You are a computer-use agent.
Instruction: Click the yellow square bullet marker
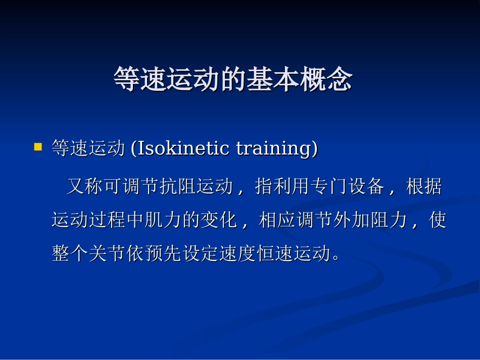(38, 147)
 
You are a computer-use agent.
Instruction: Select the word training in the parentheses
(274, 148)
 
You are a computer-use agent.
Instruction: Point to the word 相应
(277, 220)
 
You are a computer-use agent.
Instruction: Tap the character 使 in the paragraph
(438, 220)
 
